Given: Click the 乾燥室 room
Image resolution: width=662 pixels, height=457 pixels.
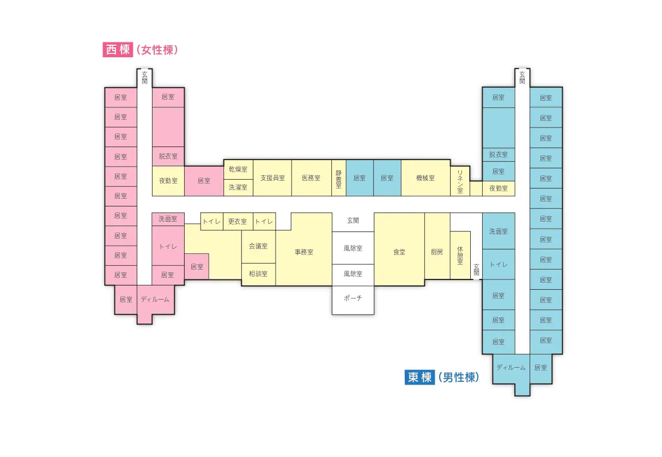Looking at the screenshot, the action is [238, 169].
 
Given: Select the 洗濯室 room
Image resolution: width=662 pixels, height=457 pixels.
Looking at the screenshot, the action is [238, 187].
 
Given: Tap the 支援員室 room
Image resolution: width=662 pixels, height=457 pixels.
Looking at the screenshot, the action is [272, 178].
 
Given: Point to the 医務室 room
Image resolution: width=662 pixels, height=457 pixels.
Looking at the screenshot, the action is [311, 178].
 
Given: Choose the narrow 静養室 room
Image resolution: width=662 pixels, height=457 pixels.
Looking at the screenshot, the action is [339, 178].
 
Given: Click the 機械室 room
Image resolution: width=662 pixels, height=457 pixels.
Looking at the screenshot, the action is [426, 178].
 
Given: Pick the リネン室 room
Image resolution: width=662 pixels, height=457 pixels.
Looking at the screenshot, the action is [460, 181].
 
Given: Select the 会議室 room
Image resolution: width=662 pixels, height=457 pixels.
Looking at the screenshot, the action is [259, 246].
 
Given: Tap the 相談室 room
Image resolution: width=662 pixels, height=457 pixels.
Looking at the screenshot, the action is [259, 274].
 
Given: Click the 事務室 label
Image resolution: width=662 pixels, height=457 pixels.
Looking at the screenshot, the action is [304, 252].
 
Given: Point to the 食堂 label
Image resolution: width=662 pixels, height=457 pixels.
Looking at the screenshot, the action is [399, 252].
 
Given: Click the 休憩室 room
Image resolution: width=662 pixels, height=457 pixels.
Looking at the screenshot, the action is [460, 255].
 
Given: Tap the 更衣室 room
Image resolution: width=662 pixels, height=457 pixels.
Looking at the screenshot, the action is [238, 221].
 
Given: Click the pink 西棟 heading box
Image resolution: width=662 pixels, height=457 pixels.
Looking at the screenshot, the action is [118, 50].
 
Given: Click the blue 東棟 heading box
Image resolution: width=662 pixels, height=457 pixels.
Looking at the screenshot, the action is [420, 377].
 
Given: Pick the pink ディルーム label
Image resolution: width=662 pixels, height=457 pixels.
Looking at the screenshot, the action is [155, 300].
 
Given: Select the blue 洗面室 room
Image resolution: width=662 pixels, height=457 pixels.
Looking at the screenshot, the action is [499, 231].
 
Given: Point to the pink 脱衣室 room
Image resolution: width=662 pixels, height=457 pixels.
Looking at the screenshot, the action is [168, 156].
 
